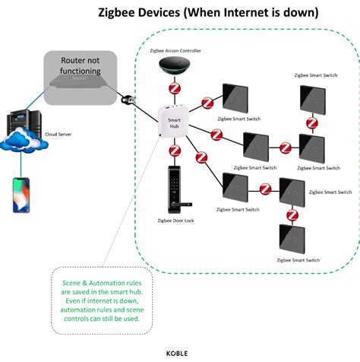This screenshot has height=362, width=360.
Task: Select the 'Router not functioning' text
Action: coord(80,66)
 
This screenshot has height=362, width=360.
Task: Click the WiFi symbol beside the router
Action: coord(130,99)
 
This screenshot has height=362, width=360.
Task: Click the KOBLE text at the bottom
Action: coord(179,352)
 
